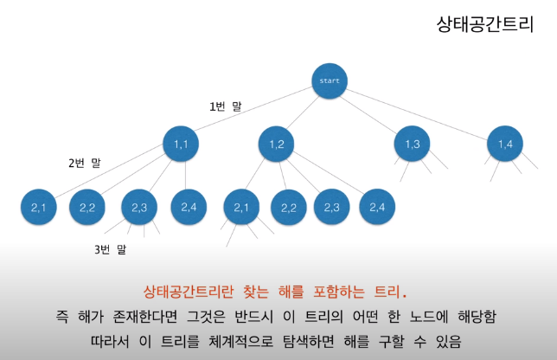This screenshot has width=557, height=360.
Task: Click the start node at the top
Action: tap(330, 82)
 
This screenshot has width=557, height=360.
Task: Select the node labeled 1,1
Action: tap(182, 144)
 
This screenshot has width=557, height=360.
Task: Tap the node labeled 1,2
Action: tap(277, 144)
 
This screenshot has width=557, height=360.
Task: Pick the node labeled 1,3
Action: tap(412, 144)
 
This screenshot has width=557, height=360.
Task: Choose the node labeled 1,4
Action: tap(505, 144)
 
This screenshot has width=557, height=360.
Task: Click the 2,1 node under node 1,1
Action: tap(39, 207)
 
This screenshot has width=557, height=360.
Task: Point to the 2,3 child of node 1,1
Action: tap(139, 207)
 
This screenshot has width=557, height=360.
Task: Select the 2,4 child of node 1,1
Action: tap(189, 207)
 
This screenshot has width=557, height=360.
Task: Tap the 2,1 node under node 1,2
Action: tap(241, 207)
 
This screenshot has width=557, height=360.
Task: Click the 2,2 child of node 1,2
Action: tap(289, 207)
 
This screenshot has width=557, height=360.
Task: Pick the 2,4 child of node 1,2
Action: tap(377, 207)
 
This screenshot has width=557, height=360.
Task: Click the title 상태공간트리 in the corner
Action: tap(484, 23)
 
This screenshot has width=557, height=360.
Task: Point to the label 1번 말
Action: tap(226, 106)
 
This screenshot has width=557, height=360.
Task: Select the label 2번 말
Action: tap(85, 163)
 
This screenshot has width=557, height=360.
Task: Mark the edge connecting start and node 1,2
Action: tap(303, 113)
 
